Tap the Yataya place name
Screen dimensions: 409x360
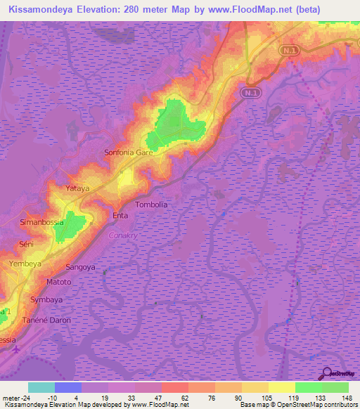[x=78, y=189]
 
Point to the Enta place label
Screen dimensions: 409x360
[x=120, y=216]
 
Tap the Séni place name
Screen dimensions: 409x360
[x=26, y=243]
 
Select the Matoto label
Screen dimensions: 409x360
[x=58, y=282]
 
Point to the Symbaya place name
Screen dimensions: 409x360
[x=47, y=299]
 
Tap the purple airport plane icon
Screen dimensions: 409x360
[x=17, y=349]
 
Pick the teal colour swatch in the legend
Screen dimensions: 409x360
[x=41, y=387]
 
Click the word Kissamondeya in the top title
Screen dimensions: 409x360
[x=44, y=8]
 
